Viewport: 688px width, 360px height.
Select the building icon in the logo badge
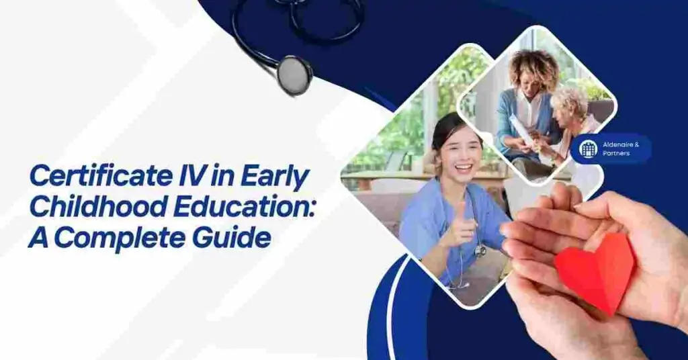588,148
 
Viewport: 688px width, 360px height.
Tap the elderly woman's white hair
568,101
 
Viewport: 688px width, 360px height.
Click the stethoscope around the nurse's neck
478,250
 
